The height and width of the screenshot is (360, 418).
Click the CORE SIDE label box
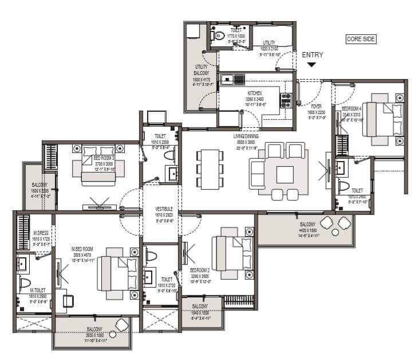click(x=361, y=39)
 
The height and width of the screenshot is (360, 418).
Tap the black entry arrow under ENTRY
click(x=311, y=65)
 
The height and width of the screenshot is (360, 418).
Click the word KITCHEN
click(x=254, y=92)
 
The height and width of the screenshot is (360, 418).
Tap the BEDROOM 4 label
click(x=352, y=108)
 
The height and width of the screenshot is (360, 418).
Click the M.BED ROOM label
click(x=82, y=249)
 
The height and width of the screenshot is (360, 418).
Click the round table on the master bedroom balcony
click(x=121, y=326)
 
